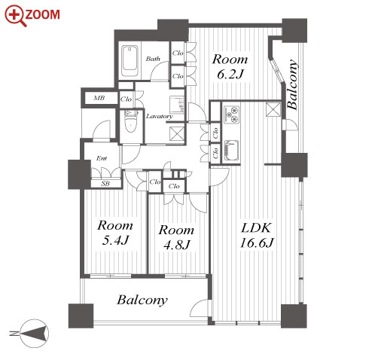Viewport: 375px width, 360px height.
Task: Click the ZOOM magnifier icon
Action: [x=16, y=16]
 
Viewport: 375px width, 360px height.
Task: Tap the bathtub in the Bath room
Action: [x=130, y=61]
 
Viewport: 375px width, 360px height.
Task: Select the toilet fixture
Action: [x=131, y=121]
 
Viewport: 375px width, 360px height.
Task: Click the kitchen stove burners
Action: [x=231, y=114]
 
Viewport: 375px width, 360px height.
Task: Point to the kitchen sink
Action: [x=231, y=151]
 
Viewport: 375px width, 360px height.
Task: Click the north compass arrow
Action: [x=35, y=334]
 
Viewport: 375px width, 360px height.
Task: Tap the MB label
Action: [x=99, y=98]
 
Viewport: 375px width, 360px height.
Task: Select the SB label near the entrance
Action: [x=105, y=184]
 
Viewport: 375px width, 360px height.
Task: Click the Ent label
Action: [x=102, y=158]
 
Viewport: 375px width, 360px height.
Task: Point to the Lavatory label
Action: [x=160, y=116]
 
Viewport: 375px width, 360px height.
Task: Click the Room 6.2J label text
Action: [x=230, y=66]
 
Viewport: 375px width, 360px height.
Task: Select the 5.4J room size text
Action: [x=115, y=240]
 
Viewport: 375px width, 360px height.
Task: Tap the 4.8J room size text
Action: [x=176, y=245]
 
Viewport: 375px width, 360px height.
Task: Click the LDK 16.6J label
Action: [x=256, y=235]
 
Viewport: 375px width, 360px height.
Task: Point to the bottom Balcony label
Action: [x=142, y=300]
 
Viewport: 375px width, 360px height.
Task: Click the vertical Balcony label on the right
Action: [x=293, y=84]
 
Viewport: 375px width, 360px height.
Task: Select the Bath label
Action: [x=153, y=59]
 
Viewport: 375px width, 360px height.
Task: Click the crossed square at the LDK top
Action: [x=273, y=110]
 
